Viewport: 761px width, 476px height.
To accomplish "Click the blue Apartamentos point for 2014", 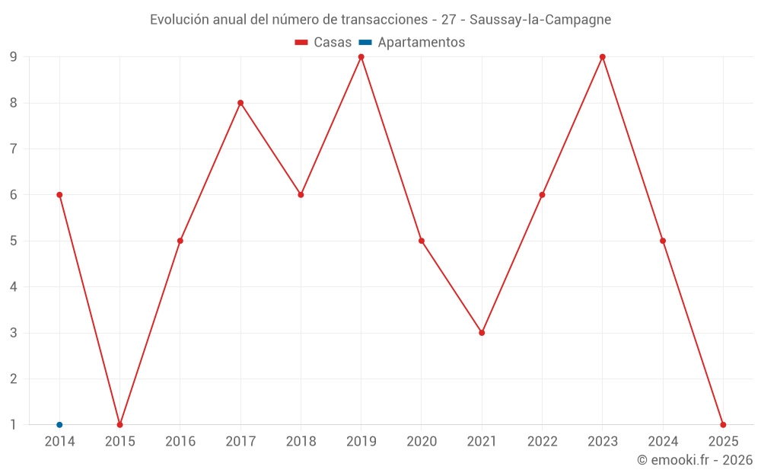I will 59,424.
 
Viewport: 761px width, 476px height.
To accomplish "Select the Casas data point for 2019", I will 361,57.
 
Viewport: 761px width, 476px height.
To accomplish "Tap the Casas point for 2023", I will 603,57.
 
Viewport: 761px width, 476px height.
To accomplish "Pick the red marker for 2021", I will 482,333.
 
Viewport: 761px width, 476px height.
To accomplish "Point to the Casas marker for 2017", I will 240,103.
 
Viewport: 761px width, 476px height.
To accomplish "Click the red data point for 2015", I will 119,424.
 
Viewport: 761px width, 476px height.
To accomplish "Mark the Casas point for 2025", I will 723,424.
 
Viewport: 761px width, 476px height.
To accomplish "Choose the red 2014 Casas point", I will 59,195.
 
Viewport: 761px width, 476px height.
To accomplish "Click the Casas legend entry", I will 323,43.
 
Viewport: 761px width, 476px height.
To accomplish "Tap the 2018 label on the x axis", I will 301,442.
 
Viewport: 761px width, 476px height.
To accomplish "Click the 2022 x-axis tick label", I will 542,442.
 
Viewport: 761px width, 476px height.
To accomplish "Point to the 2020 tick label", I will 422,442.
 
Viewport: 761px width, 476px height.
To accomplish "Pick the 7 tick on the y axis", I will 14,149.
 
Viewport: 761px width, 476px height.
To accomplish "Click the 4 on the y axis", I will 14,287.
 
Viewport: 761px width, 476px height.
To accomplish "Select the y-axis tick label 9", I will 14,57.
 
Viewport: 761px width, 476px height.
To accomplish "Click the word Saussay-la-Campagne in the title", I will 540,20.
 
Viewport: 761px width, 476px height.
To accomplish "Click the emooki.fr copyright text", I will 695,460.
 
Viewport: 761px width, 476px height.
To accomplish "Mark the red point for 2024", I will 663,241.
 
